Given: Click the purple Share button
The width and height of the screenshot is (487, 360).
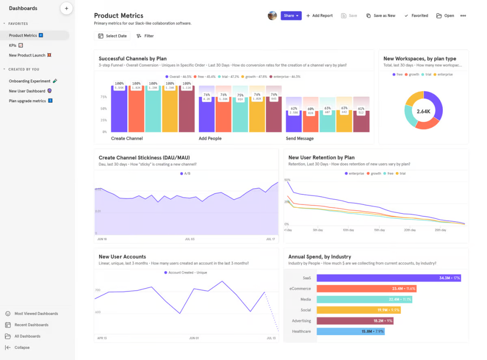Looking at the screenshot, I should pos(291,16).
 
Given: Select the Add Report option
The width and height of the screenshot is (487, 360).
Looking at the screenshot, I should pos(319,16).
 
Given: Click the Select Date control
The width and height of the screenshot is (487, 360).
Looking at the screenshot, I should pos(112,36).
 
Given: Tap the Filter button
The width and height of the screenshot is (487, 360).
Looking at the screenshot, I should pos(145,36).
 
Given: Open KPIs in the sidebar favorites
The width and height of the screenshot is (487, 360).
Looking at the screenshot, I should pos(13,45).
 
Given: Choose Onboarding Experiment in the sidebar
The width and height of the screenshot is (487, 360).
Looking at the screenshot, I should pos(29,81).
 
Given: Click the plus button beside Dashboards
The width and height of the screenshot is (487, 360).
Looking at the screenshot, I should pos(66,9).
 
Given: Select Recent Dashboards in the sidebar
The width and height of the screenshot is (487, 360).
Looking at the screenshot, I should pos(31,325).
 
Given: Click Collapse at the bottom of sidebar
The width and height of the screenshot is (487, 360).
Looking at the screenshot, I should pos(22,348).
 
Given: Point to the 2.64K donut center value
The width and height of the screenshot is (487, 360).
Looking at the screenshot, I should pos(423,111).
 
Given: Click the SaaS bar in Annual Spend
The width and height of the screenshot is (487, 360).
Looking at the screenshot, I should pos(388,278).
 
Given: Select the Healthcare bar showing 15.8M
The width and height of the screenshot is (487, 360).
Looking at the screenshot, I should pos(350,331).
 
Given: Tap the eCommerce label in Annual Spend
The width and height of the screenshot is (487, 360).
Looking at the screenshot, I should pos(300,289).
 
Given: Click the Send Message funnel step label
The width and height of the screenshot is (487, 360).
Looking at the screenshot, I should pos(300,138).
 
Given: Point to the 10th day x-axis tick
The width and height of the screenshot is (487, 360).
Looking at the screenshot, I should pos(348,230).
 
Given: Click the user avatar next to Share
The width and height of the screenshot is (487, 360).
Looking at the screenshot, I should pos(272,16).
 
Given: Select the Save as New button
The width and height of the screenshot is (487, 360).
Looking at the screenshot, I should pos(381,16).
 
